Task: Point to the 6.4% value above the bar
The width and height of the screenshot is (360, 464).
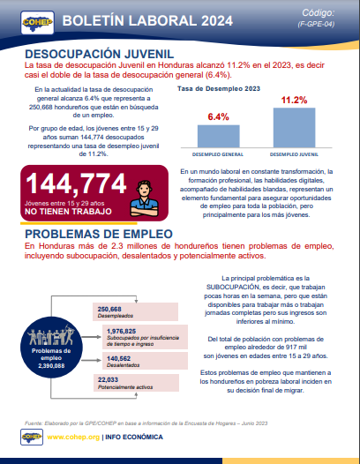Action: coord(218,116)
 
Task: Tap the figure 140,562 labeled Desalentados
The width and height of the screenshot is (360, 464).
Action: coord(110,358)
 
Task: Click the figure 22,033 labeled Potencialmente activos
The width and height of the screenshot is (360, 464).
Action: coord(108,378)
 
